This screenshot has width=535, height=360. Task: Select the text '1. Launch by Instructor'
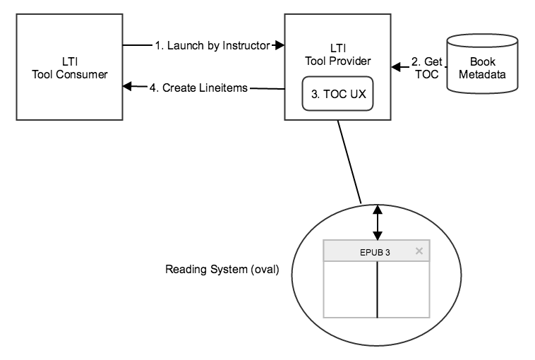tap(212, 46)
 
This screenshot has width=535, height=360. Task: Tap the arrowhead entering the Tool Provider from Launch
tap(279, 46)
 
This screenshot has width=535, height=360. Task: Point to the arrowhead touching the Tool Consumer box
tap(127, 87)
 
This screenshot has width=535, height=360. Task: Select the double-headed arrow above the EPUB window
tap(378, 222)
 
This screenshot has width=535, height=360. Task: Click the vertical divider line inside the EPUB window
tap(378, 289)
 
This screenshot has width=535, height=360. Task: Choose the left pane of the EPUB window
tap(350, 289)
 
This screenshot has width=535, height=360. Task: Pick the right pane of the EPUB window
tap(404, 289)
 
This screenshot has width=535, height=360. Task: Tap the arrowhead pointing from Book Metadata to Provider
tap(396, 68)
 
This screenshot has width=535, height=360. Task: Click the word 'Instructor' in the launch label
tap(246, 46)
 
